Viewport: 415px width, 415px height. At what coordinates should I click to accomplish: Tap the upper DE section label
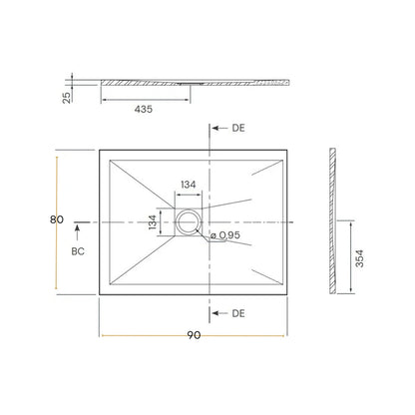pyautogui.click(x=237, y=129)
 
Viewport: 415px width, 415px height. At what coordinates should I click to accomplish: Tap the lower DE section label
pyautogui.click(x=237, y=314)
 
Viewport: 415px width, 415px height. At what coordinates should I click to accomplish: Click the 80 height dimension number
pyautogui.click(x=59, y=219)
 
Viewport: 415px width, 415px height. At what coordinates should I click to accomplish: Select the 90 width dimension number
pyautogui.click(x=194, y=335)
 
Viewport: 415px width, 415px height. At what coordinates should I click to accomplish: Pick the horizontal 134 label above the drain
pyautogui.click(x=188, y=184)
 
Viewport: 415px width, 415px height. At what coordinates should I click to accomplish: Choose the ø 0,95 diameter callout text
pyautogui.click(x=224, y=235)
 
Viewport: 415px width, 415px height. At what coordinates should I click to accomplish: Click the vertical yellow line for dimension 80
pyautogui.click(x=56, y=221)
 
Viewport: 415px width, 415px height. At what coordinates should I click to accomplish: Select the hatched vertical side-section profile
pyautogui.click(x=332, y=221)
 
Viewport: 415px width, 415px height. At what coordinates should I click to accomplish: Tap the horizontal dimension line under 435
pyautogui.click(x=144, y=100)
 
